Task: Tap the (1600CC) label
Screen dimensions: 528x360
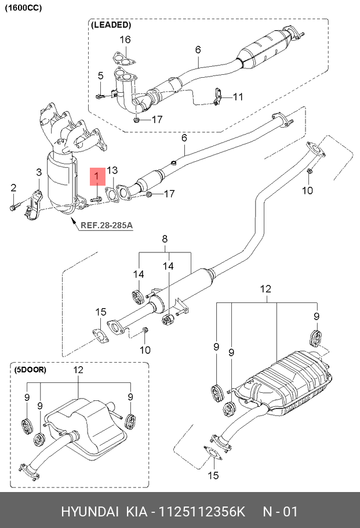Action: point(23,7)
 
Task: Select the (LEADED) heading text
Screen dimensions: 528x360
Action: point(111,26)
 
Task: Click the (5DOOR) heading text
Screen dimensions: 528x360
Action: point(31,370)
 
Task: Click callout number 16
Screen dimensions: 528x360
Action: point(125,39)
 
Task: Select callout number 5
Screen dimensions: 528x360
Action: point(100,76)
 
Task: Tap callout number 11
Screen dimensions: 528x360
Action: point(239,96)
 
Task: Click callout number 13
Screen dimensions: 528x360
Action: point(112,170)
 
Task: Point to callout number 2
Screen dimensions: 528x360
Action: point(13,187)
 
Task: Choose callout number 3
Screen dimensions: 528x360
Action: point(39,172)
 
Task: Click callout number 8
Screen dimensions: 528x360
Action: point(165,238)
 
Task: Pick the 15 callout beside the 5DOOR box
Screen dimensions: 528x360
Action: point(101,312)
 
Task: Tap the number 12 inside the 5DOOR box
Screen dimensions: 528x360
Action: point(78,370)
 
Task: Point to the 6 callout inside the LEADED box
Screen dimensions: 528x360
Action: point(198,50)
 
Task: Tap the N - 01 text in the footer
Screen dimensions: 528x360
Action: point(280,512)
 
